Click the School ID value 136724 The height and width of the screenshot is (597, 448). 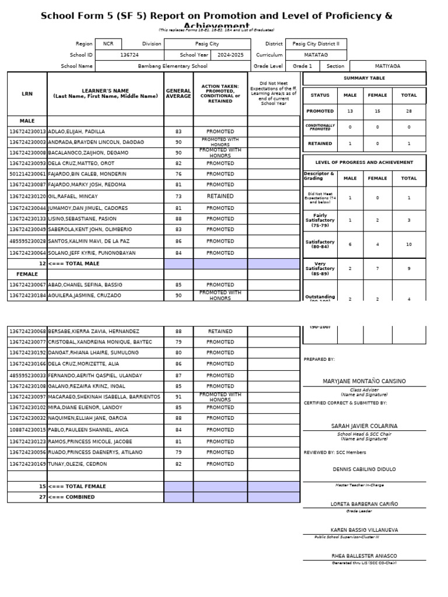pos(129,55)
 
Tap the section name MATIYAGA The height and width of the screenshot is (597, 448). pos(387,66)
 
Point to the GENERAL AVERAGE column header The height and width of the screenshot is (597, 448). pos(178,93)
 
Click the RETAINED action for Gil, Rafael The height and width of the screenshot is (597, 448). pos(220,196)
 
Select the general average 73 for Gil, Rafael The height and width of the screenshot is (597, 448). pos(178,196)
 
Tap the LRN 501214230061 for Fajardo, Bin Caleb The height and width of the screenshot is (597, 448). pos(27,174)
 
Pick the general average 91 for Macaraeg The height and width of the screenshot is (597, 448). pos(178,397)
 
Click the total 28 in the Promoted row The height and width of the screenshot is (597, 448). pos(409,111)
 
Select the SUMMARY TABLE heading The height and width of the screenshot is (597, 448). pos(364,78)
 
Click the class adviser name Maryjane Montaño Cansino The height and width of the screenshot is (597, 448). pos(364,381)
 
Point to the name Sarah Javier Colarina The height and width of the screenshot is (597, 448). pos(364,426)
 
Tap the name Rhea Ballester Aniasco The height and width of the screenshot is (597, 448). pos(364,556)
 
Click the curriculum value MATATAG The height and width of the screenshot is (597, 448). pos(315,55)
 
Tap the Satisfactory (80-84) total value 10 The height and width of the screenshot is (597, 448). pos(409,244)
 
